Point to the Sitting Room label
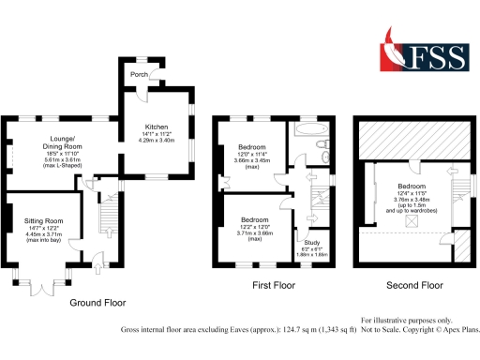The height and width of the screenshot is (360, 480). pyautogui.click(x=39, y=220)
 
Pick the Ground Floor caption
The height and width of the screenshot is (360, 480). pyautogui.click(x=97, y=303)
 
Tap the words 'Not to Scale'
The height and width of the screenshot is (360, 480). pyautogui.click(x=383, y=330)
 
